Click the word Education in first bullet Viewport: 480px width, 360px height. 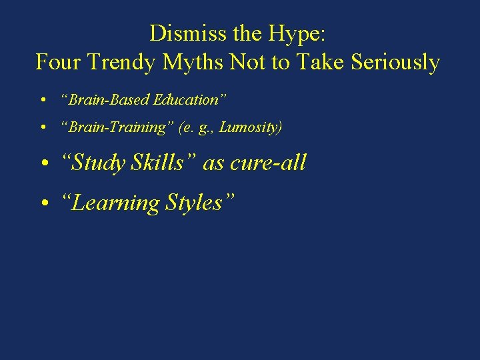(x=190, y=100)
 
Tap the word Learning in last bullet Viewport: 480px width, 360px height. (x=115, y=203)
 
